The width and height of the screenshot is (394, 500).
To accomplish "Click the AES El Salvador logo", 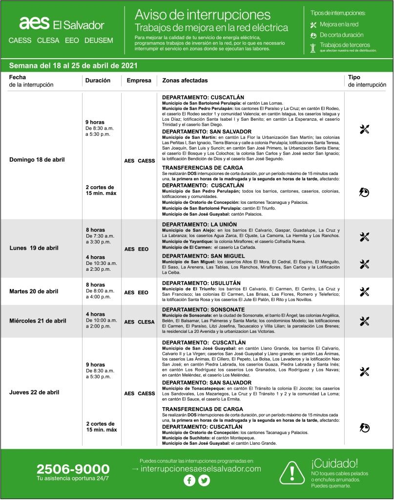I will pyautogui.click(x=62, y=24).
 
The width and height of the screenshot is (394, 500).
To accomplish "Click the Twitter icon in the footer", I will pyautogui.click(x=204, y=480).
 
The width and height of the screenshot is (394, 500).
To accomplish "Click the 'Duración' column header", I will pyautogui.click(x=98, y=81).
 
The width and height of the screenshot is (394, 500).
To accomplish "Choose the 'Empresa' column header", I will pyautogui.click(x=139, y=81).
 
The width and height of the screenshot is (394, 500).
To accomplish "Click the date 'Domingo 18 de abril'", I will pyautogui.click(x=37, y=160).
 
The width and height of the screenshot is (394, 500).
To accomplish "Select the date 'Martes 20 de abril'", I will pyautogui.click(x=34, y=291).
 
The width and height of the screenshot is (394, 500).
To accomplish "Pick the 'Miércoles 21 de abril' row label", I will pyautogui.click(x=38, y=321).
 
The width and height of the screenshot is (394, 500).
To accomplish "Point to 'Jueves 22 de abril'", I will pyautogui.click(x=34, y=392).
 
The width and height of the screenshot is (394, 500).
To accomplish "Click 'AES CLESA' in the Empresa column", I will pyautogui.click(x=139, y=322).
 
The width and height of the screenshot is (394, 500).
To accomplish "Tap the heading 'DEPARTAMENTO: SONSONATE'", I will pyautogui.click(x=204, y=310).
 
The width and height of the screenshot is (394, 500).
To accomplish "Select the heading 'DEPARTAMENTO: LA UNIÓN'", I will pyautogui.click(x=199, y=224).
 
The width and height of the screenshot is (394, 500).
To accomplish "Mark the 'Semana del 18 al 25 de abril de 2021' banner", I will pyautogui.click(x=73, y=65).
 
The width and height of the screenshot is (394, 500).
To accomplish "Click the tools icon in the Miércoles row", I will pyautogui.click(x=364, y=321).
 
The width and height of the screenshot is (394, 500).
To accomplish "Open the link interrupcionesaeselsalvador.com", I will pyautogui.click(x=200, y=469).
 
